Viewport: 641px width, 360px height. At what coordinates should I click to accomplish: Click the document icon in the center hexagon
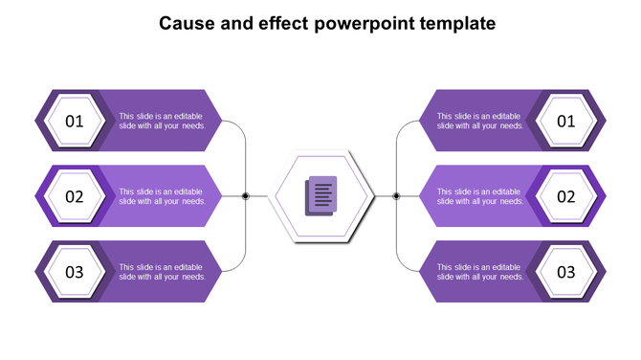point(321,196)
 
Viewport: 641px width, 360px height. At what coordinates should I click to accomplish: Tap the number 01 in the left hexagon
point(75,122)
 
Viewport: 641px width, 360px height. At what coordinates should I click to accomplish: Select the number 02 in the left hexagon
point(75,196)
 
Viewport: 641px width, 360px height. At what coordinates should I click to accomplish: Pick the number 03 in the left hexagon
point(75,272)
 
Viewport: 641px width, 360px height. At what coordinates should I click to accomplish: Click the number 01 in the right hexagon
point(566,122)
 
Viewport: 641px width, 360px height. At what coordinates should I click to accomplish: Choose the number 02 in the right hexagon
point(566,196)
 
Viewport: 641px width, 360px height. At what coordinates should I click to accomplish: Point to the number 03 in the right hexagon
point(566,272)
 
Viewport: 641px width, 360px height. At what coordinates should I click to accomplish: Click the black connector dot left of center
point(246,196)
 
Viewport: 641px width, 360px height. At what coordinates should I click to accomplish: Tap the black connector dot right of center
point(396,196)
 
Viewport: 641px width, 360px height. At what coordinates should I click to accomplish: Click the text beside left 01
point(162,121)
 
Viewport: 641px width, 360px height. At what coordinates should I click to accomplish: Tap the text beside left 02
point(162,196)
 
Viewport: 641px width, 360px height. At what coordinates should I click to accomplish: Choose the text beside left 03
point(162,272)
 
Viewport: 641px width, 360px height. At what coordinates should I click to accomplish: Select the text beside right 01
point(480,121)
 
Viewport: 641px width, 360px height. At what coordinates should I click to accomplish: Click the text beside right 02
point(480,196)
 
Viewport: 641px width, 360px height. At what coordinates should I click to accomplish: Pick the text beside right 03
point(480,272)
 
